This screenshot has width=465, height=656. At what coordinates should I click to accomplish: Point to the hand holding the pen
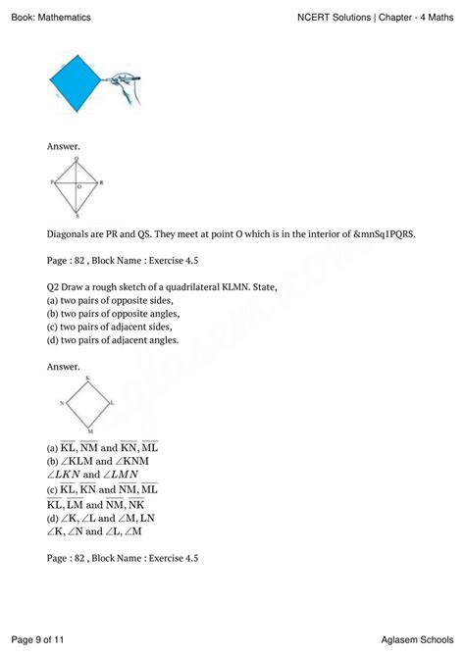click(130, 87)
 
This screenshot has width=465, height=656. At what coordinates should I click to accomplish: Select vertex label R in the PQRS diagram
click(101, 182)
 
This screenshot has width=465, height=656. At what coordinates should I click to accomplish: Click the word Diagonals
click(72, 235)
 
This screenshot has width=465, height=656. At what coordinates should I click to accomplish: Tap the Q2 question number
click(55, 287)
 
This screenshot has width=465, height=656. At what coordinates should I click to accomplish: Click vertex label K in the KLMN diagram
click(87, 378)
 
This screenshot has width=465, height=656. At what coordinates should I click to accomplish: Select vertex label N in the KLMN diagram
click(62, 403)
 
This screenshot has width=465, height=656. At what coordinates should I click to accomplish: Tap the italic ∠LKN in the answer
click(72, 474)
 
